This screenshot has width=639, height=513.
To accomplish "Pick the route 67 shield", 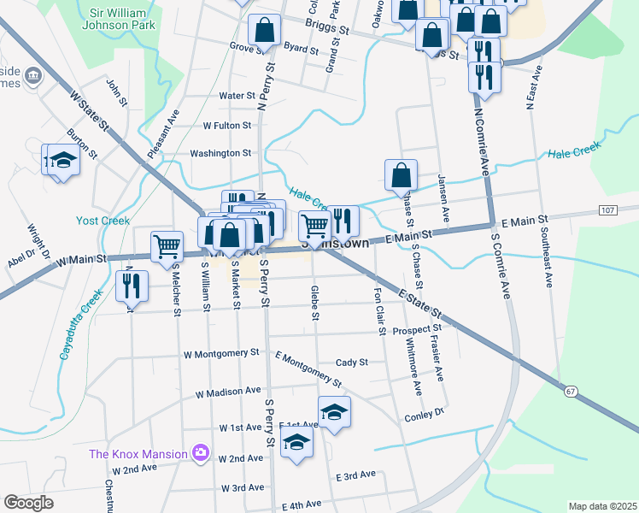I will [x=572, y=391].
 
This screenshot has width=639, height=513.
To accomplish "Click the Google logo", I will [x=28, y=503].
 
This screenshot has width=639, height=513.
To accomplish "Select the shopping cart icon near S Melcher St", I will [x=167, y=245].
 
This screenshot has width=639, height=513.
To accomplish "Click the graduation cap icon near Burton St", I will [x=61, y=160].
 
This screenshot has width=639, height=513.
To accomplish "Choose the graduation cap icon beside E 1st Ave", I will [x=334, y=411].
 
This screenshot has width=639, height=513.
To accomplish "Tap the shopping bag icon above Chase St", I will [x=401, y=174].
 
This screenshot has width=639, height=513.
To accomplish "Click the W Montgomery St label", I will [x=221, y=352].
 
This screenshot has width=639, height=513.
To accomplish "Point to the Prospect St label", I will [x=417, y=327].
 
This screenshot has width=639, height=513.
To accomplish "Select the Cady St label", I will [x=351, y=362].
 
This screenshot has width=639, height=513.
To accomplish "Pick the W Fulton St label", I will [x=226, y=125].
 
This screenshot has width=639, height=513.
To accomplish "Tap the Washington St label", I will [x=220, y=153].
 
